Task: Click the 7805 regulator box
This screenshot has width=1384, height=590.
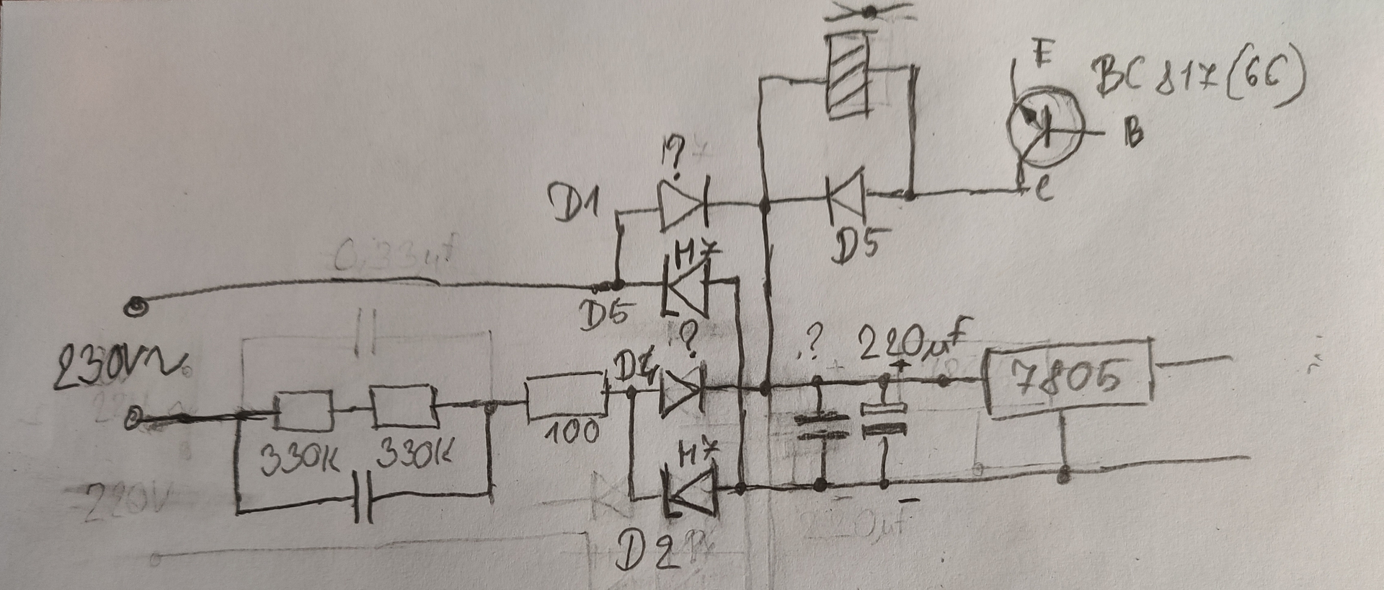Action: [1069, 383]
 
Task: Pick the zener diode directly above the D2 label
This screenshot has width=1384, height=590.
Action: [691, 491]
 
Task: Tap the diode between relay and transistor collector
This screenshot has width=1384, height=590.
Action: [846, 194]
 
